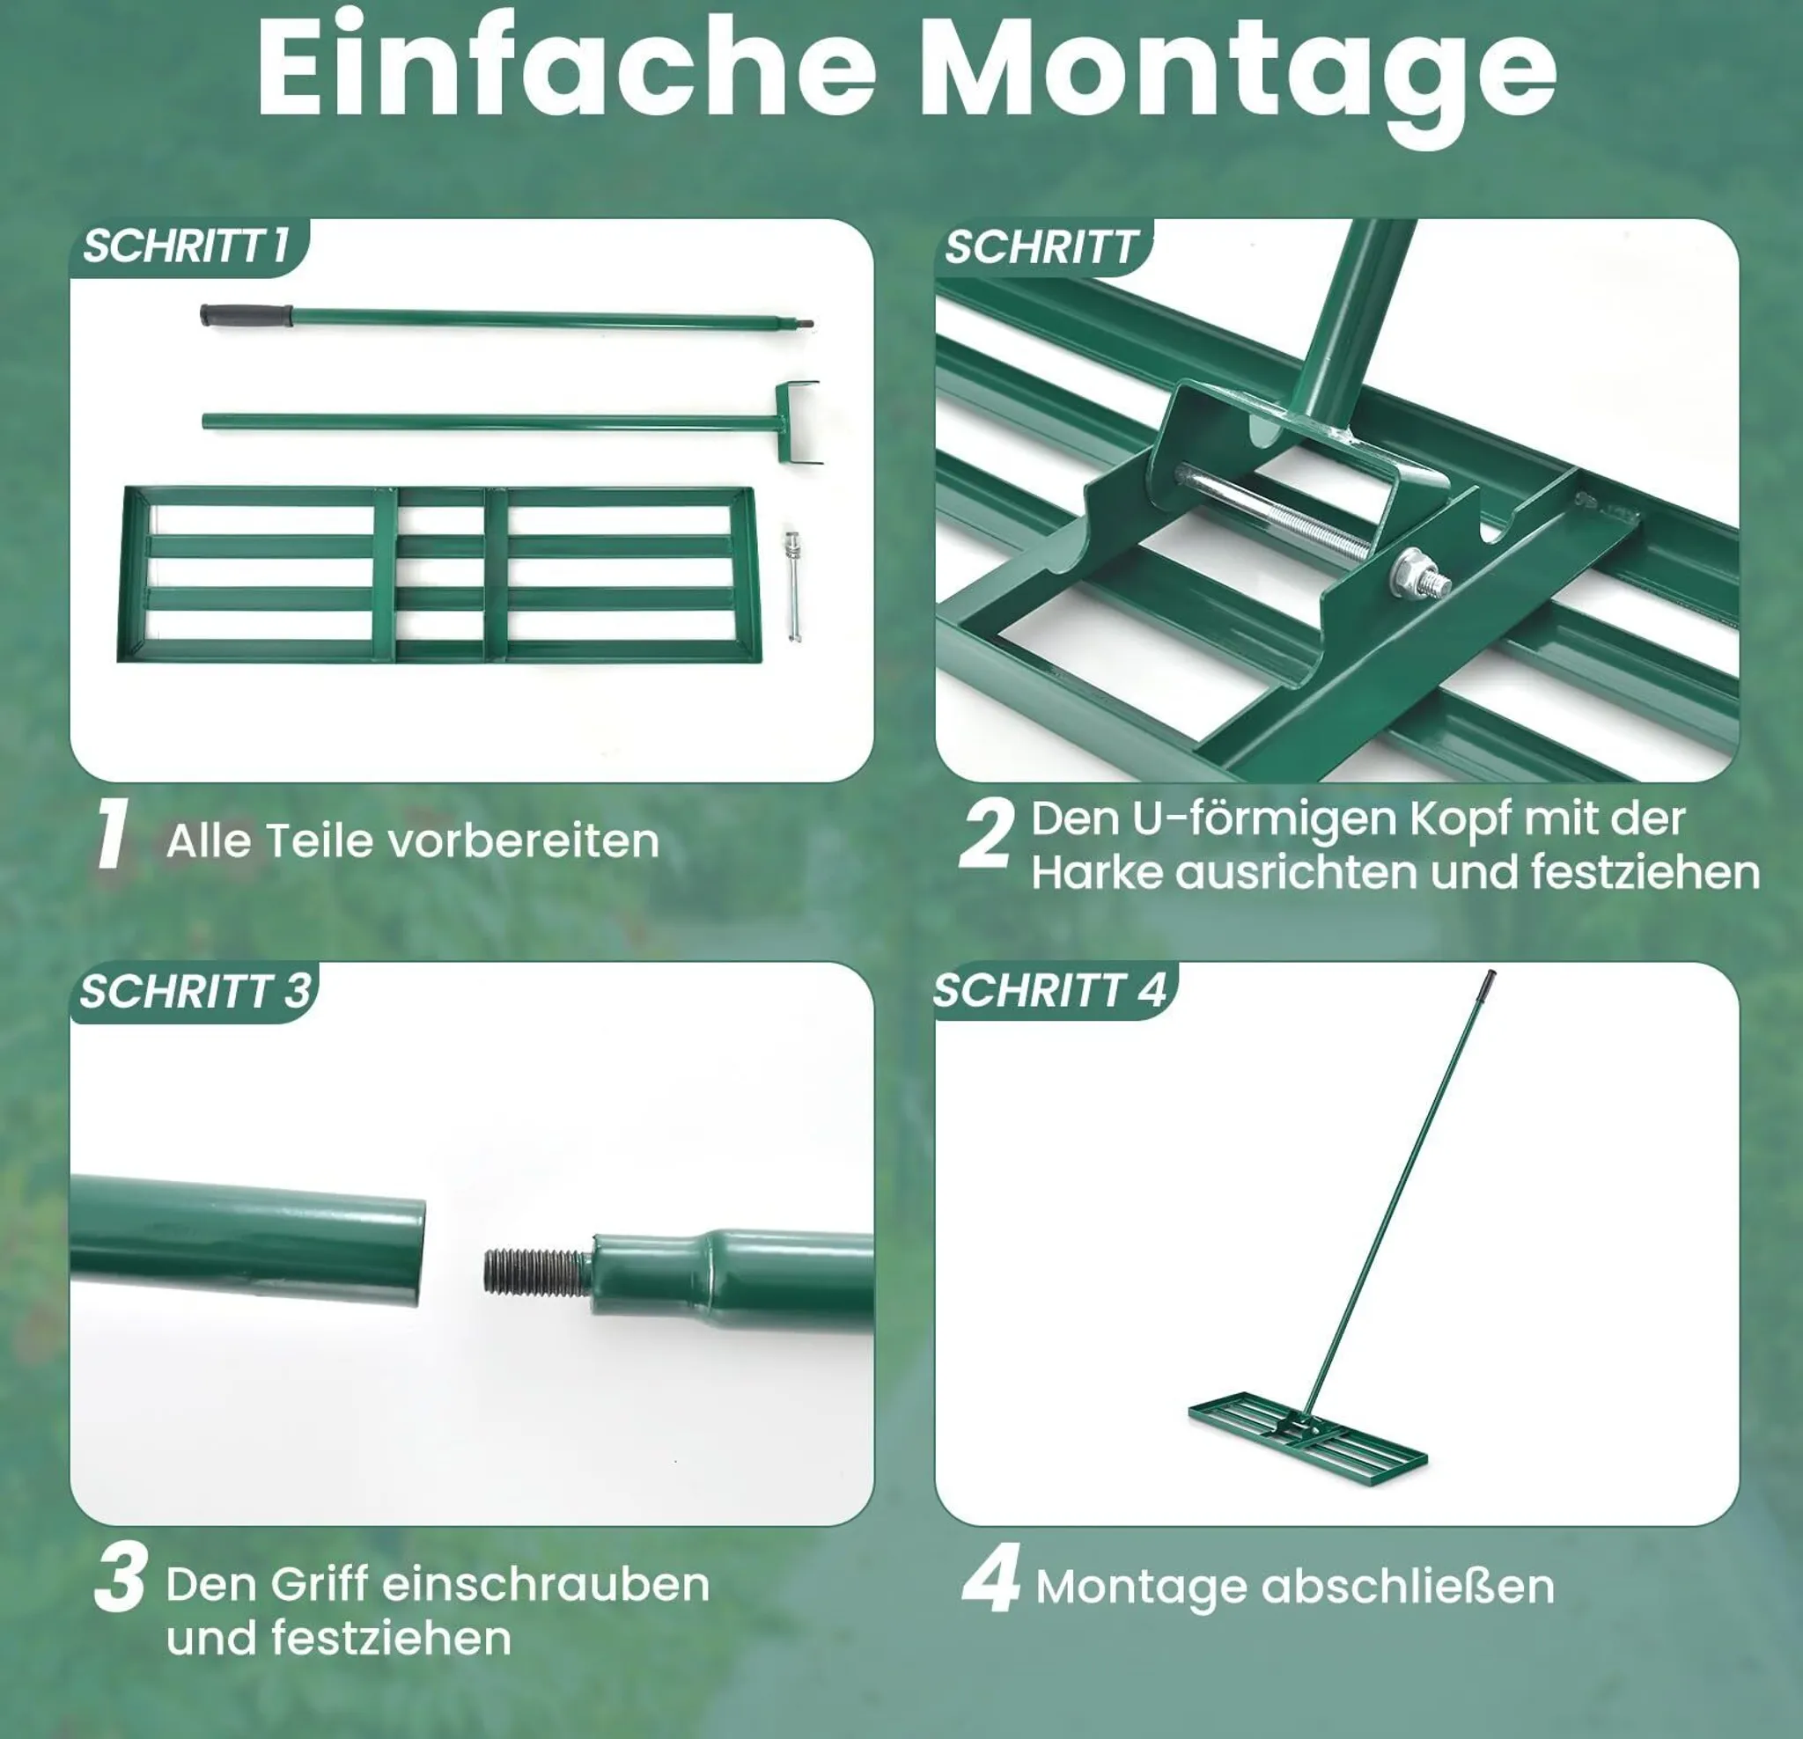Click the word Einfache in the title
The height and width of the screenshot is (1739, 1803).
pos(566,64)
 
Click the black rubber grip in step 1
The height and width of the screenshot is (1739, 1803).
pos(246,314)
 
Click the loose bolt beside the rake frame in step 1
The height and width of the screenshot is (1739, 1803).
pos(792,586)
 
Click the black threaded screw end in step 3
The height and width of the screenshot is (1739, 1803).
pos(537,1272)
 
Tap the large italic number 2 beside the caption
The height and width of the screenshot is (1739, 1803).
pos(987,833)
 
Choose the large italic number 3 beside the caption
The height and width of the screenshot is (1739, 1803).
pos(121,1577)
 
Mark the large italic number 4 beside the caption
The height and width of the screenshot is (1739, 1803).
pos(990,1577)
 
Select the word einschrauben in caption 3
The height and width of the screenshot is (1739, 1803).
pos(546,1583)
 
